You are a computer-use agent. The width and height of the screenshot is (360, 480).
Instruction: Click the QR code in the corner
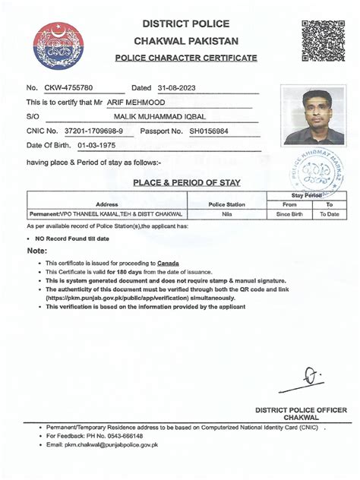click(x=323, y=39)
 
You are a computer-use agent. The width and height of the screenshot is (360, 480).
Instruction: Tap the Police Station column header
click(x=226, y=204)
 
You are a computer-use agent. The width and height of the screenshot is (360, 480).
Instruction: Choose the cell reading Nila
click(x=226, y=215)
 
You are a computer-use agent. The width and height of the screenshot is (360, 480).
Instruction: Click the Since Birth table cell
click(x=289, y=215)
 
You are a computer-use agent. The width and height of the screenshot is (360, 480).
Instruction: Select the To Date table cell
click(x=329, y=215)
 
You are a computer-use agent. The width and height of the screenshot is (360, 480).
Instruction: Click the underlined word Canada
click(x=168, y=262)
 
